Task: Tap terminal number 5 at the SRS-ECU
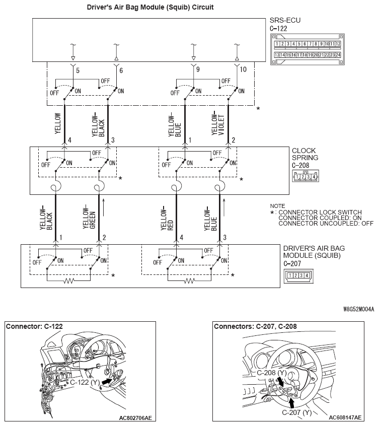click(78, 70)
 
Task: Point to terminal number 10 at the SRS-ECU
click(243, 70)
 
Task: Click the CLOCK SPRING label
click(305, 154)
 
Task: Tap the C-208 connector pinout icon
click(305, 176)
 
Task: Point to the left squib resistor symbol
click(68, 281)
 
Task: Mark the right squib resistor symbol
click(190, 281)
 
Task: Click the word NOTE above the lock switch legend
click(277, 206)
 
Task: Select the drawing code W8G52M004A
click(359, 310)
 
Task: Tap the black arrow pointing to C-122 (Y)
click(106, 383)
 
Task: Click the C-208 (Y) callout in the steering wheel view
click(272, 373)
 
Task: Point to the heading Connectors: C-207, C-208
click(255, 326)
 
